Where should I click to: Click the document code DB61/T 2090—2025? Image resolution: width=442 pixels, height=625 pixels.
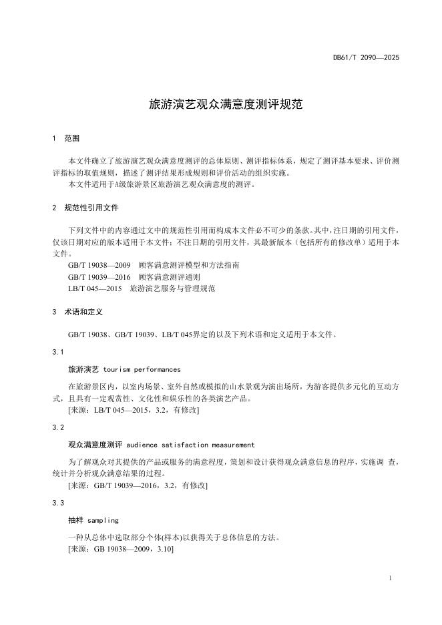point(366,58)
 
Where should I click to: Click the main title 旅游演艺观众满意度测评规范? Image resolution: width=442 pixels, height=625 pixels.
point(221,105)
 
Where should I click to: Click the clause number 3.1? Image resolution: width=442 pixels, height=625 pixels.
point(57,351)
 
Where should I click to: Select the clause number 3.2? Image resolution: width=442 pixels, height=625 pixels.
point(57,427)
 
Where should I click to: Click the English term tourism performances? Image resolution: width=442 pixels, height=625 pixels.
point(142,369)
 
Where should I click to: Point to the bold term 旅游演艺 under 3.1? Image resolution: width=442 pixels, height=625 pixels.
point(83,369)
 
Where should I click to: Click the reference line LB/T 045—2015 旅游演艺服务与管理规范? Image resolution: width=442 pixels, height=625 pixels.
point(142,288)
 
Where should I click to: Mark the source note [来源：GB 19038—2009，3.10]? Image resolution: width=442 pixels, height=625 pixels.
point(121,549)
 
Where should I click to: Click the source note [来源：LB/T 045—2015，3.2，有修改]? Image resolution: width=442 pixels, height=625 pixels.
point(134,410)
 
